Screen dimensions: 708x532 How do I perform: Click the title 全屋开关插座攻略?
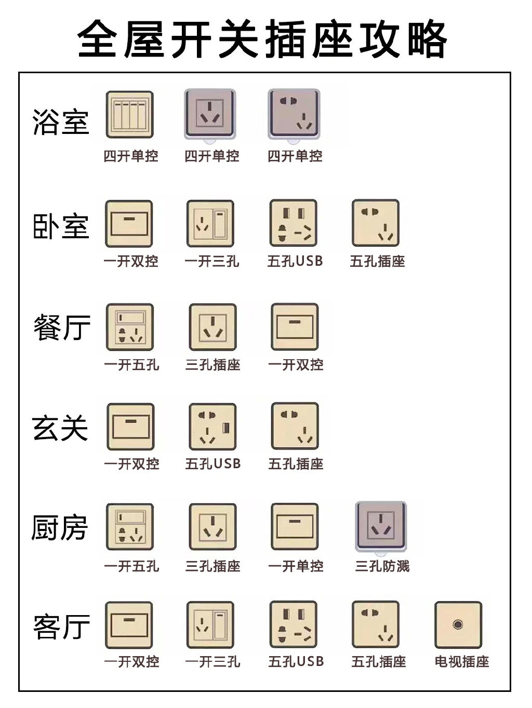[262, 39]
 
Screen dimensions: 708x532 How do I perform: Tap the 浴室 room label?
[61, 122]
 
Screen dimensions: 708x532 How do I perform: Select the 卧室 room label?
[61, 226]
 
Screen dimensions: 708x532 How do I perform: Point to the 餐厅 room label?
[62, 328]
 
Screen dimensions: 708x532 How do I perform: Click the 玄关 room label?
[61, 428]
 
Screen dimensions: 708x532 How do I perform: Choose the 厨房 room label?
[59, 527]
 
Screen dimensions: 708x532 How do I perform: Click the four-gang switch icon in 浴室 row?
[130, 115]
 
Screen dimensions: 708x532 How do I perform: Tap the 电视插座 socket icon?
[458, 625]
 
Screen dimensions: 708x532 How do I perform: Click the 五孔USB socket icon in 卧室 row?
[294, 223]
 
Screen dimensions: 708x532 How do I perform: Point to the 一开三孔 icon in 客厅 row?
[210, 625]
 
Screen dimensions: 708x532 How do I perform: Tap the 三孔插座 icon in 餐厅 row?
[212, 327]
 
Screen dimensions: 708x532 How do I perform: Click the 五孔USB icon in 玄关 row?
[212, 427]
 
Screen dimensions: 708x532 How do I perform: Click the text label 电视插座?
[462, 662]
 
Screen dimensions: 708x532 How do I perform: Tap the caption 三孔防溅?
[382, 566]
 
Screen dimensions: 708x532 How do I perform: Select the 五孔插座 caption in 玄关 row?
[296, 464]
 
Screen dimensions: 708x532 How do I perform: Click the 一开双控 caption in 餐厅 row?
[296, 365]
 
